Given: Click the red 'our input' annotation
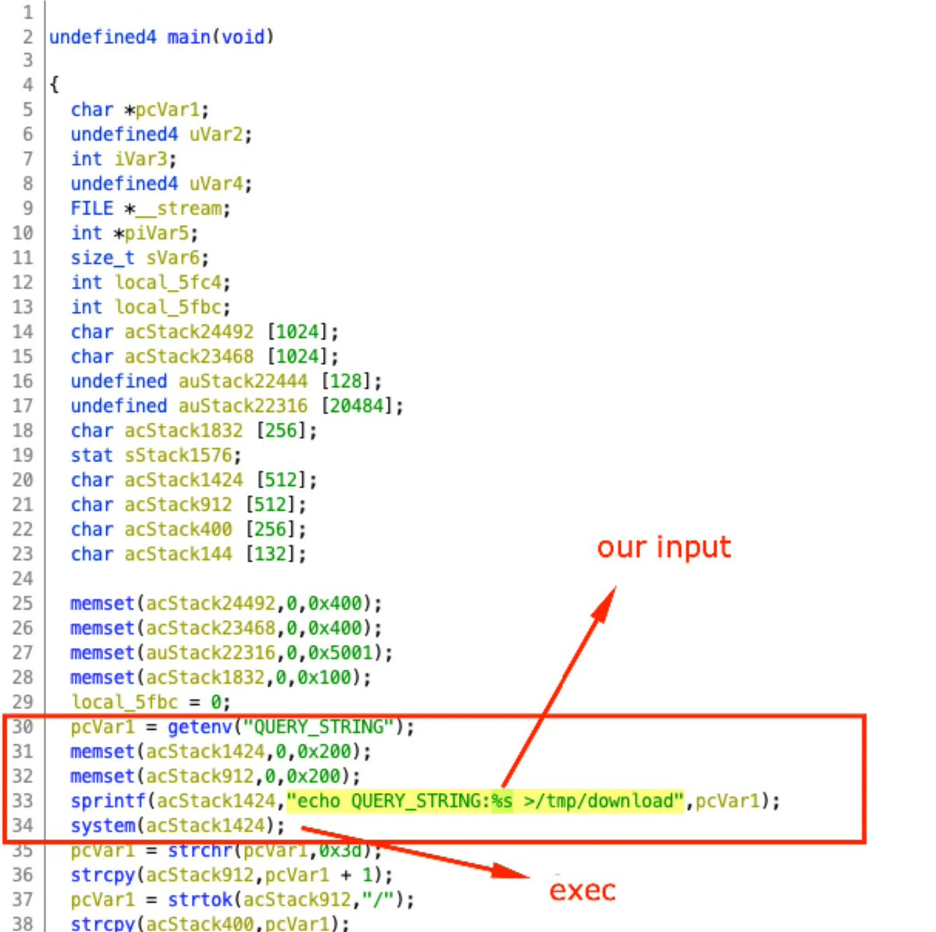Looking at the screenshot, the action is tap(664, 548).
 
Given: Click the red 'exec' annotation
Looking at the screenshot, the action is tap(583, 891).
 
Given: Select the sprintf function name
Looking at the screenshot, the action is tap(108, 801).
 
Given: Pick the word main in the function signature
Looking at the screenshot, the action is tap(189, 37).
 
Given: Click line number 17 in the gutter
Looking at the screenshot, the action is tap(23, 406).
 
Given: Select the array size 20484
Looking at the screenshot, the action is tap(357, 406).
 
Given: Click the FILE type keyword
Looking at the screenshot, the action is tap(92, 209).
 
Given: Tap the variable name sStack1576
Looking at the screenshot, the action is tap(179, 455).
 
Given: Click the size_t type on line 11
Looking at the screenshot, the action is tap(102, 258).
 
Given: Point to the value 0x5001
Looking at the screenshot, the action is tap(341, 653).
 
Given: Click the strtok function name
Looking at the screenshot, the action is tap(200, 899).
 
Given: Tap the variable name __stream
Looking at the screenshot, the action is tap(179, 209).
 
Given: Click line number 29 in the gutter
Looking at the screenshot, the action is tap(23, 702).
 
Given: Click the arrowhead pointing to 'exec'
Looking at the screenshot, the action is tap(511, 872).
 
